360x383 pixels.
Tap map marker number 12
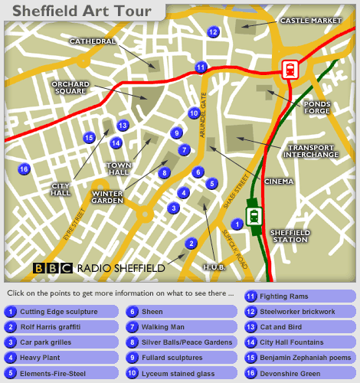[x=213, y=32]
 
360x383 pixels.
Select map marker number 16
[x=24, y=169]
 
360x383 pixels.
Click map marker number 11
[x=201, y=67]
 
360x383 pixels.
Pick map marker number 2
[x=191, y=244]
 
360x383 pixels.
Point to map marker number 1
[x=237, y=224]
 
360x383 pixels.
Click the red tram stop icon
[x=290, y=69]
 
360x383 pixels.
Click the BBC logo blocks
[x=52, y=268]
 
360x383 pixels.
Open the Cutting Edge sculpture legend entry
[x=61, y=312]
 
